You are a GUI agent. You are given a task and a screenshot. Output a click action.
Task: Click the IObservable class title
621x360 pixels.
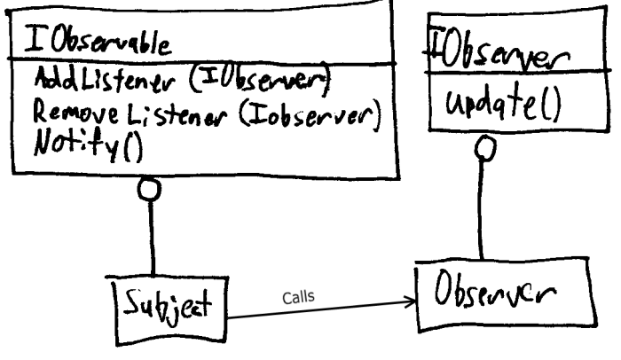pos(98,41)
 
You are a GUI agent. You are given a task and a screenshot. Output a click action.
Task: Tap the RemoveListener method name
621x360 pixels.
pos(130,115)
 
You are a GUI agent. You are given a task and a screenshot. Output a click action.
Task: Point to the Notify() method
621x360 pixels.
pos(88,145)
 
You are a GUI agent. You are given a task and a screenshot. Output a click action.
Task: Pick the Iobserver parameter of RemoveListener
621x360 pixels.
pos(310,113)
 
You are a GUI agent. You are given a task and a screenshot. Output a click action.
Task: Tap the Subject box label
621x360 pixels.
pos(168,308)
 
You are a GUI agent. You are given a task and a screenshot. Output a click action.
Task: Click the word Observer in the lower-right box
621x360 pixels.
pos(495,289)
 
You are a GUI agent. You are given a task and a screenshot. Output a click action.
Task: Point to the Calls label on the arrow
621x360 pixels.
pos(299,297)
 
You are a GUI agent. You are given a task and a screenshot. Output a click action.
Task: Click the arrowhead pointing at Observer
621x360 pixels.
pos(412,302)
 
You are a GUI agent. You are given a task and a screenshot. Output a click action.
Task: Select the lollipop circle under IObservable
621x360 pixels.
pos(149,189)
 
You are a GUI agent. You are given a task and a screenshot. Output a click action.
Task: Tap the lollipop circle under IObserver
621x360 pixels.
pos(484,147)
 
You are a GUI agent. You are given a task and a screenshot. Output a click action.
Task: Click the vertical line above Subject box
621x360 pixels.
pos(152,239)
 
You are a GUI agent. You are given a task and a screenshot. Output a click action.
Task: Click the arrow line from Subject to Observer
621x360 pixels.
pos(321,309)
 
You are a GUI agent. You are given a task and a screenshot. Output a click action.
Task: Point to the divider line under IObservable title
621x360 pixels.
pos(202,61)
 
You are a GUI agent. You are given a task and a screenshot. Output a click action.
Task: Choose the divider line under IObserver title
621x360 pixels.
pos(518,72)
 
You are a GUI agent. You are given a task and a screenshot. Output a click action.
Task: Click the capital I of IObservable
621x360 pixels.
pos(34,38)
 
